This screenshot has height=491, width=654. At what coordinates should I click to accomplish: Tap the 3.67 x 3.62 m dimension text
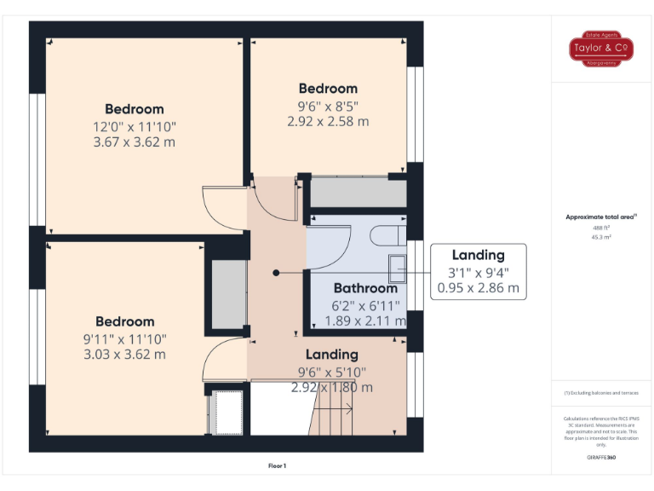pyautogui.click(x=134, y=142)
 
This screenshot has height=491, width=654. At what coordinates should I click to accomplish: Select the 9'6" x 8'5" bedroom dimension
pyautogui.click(x=327, y=107)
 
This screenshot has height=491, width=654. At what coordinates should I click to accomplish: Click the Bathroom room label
pyautogui.click(x=365, y=288)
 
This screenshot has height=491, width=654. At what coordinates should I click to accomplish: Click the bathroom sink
pyautogui.click(x=397, y=268)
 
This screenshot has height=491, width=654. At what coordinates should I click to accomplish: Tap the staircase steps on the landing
pyautogui.click(x=332, y=419)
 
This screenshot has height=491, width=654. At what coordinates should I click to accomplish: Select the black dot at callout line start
pyautogui.click(x=275, y=273)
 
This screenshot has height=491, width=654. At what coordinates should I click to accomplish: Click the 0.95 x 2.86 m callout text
pyautogui.click(x=478, y=288)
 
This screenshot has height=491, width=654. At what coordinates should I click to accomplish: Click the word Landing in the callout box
pyautogui.click(x=478, y=255)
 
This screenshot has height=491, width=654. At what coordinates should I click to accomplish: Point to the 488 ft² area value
pyautogui.click(x=602, y=228)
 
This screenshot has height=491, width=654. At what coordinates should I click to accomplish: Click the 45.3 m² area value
pyautogui.click(x=602, y=238)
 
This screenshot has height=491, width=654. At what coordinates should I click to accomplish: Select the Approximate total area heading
pyautogui.click(x=602, y=217)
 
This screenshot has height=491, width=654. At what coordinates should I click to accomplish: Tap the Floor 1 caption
pyautogui.click(x=278, y=465)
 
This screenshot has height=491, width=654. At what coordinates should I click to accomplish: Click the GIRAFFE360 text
pyautogui.click(x=602, y=458)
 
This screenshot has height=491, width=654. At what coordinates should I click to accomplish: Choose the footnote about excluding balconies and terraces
pyautogui.click(x=602, y=393)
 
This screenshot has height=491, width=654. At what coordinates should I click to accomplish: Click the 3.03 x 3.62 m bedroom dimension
pyautogui.click(x=124, y=354)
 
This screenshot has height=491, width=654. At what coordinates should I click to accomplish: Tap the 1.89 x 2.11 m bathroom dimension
pyautogui.click(x=365, y=321)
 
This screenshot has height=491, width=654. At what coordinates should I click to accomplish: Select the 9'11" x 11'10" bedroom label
pyautogui.click(x=124, y=338)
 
